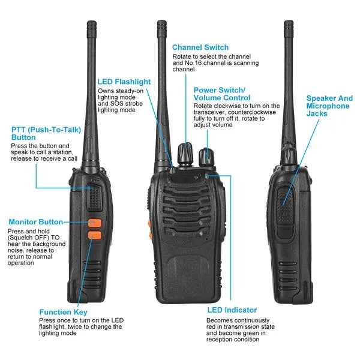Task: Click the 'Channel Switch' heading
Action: click(200, 47)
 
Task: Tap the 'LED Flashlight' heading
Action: click(124, 82)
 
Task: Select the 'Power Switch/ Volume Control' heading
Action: click(221, 93)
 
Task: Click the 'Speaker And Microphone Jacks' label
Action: click(329, 106)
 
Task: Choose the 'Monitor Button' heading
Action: click(35, 222)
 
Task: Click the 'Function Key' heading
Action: click(63, 312)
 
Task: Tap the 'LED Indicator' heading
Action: click(232, 310)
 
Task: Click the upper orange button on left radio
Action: click(95, 223)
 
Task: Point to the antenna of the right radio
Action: click(289, 84)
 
